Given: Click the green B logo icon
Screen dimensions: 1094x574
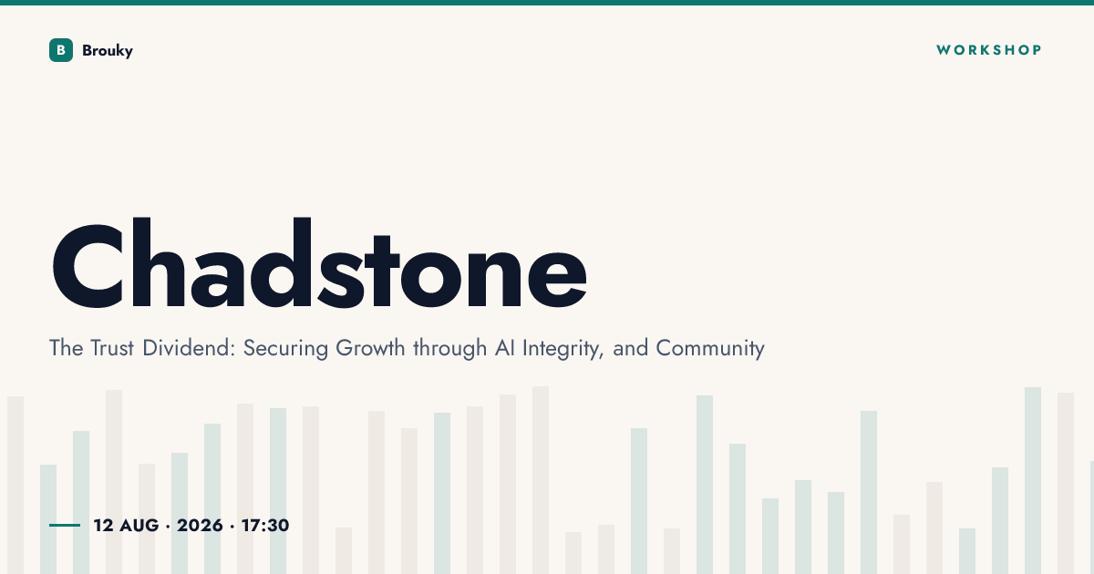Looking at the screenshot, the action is pyautogui.click(x=61, y=50).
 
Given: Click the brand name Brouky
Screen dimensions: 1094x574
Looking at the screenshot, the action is pyautogui.click(x=108, y=51).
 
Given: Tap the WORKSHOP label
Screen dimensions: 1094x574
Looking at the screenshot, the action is pyautogui.click(x=989, y=50).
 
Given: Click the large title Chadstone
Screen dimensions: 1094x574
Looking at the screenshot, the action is pyautogui.click(x=319, y=263).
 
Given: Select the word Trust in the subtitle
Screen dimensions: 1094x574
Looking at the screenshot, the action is pyautogui.click(x=112, y=348).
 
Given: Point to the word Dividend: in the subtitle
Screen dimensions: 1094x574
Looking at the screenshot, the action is pyautogui.click(x=189, y=348).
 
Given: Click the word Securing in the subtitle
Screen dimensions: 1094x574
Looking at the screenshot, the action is pyautogui.click(x=285, y=348).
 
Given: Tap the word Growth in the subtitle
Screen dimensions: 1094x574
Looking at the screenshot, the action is pyautogui.click(x=370, y=348).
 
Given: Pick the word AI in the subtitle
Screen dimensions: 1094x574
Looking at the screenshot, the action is pyautogui.click(x=504, y=348).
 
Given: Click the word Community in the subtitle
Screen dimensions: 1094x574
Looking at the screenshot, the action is pyautogui.click(x=710, y=348).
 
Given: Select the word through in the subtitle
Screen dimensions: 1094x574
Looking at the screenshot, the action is pyautogui.click(x=449, y=348).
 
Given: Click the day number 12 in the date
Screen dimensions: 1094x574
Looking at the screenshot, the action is pyautogui.click(x=104, y=525).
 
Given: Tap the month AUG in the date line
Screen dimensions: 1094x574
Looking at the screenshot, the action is pyautogui.click(x=139, y=525).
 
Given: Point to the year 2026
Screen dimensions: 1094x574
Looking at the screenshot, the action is pyautogui.click(x=200, y=525).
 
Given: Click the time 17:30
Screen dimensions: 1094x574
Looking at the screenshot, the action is pyautogui.click(x=265, y=525).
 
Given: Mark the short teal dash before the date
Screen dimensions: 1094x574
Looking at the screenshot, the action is pyautogui.click(x=65, y=525).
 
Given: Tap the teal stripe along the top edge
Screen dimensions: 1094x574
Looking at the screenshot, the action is pyautogui.click(x=547, y=3).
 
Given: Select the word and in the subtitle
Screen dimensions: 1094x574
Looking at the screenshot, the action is pyautogui.click(x=631, y=348).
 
